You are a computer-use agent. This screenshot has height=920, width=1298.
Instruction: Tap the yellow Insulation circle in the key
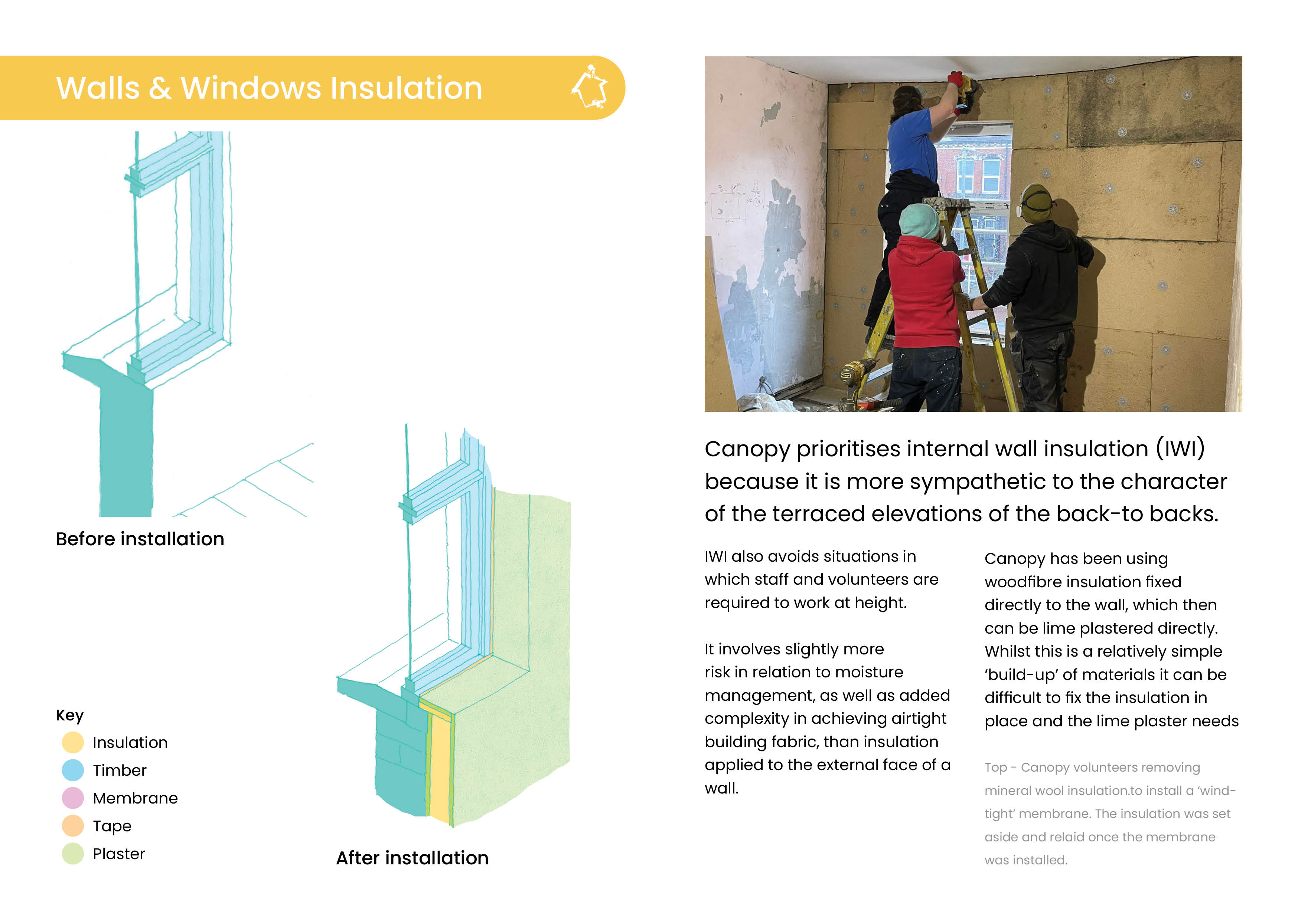[72, 742]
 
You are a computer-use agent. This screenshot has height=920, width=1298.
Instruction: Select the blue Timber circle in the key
[72, 770]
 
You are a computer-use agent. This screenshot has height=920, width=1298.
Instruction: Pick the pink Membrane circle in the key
[72, 798]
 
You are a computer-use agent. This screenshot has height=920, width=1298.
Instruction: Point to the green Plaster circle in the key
[72, 853]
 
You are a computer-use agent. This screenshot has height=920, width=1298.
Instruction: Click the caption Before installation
[140, 539]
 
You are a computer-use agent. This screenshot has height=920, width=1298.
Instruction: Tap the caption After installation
[412, 858]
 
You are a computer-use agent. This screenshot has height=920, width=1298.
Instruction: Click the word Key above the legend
[69, 715]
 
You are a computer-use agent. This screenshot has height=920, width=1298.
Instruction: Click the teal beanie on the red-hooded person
[919, 221]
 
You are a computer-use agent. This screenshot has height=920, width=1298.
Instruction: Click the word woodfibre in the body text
[1024, 582]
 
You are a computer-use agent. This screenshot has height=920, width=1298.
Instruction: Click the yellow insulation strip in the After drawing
[440, 765]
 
